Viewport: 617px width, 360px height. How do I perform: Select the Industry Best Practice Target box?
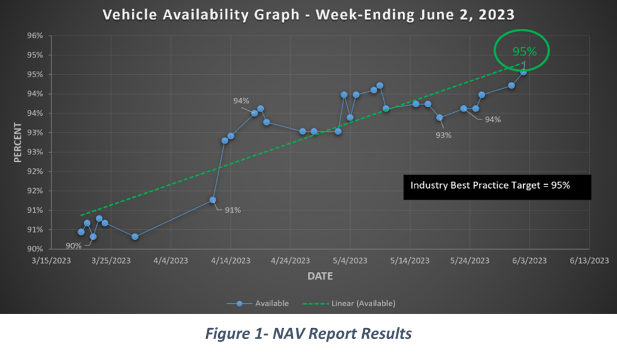tap(497, 186)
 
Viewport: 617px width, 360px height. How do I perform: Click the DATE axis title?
tap(319, 276)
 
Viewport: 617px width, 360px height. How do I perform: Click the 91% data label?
tap(233, 210)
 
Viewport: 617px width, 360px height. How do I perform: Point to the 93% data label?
tap(443, 135)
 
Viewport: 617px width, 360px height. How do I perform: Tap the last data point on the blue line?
tap(524, 72)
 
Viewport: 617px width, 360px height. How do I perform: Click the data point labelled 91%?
tap(213, 200)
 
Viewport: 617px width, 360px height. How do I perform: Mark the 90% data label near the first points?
tap(74, 245)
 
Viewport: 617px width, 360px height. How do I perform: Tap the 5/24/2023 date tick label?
tap(469, 261)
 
